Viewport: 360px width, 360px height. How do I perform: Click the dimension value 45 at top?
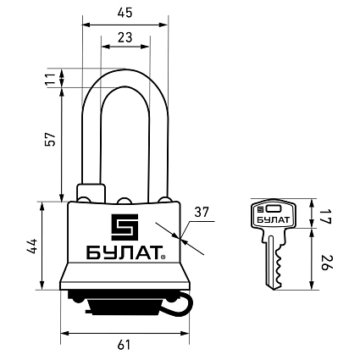[125, 13]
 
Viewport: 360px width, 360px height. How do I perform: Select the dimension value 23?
[125, 37]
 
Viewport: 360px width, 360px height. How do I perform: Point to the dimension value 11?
[50, 79]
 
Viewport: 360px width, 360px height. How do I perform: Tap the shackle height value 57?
[50, 139]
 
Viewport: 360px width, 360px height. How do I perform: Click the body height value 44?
[32, 246]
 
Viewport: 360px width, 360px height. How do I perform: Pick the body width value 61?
[125, 345]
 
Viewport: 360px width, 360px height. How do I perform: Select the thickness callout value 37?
[202, 212]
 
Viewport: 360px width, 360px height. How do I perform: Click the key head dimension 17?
[325, 217]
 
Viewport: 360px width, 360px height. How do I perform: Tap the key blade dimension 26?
[325, 263]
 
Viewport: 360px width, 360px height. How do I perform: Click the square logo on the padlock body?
[125, 227]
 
